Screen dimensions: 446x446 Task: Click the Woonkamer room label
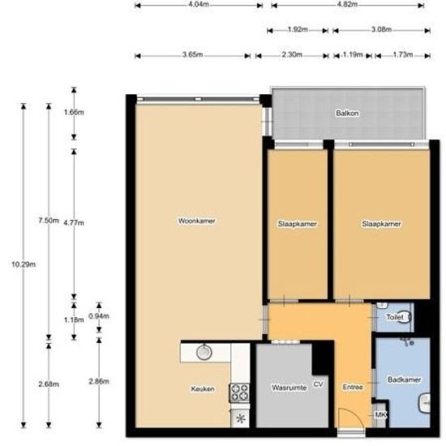[x=196, y=221]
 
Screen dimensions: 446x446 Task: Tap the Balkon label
[x=347, y=114]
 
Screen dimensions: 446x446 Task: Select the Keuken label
[x=203, y=389]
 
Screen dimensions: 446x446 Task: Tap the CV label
[x=319, y=383]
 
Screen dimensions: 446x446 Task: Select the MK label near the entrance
[x=381, y=416]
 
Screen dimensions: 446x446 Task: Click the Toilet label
[x=393, y=317]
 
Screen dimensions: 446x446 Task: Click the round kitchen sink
[x=204, y=353]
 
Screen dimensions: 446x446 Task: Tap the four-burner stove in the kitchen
[x=239, y=392]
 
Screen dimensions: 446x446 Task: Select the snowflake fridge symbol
[x=241, y=418]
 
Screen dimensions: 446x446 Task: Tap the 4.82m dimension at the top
[x=347, y=5]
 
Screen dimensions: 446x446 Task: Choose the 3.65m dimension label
[x=193, y=56]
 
